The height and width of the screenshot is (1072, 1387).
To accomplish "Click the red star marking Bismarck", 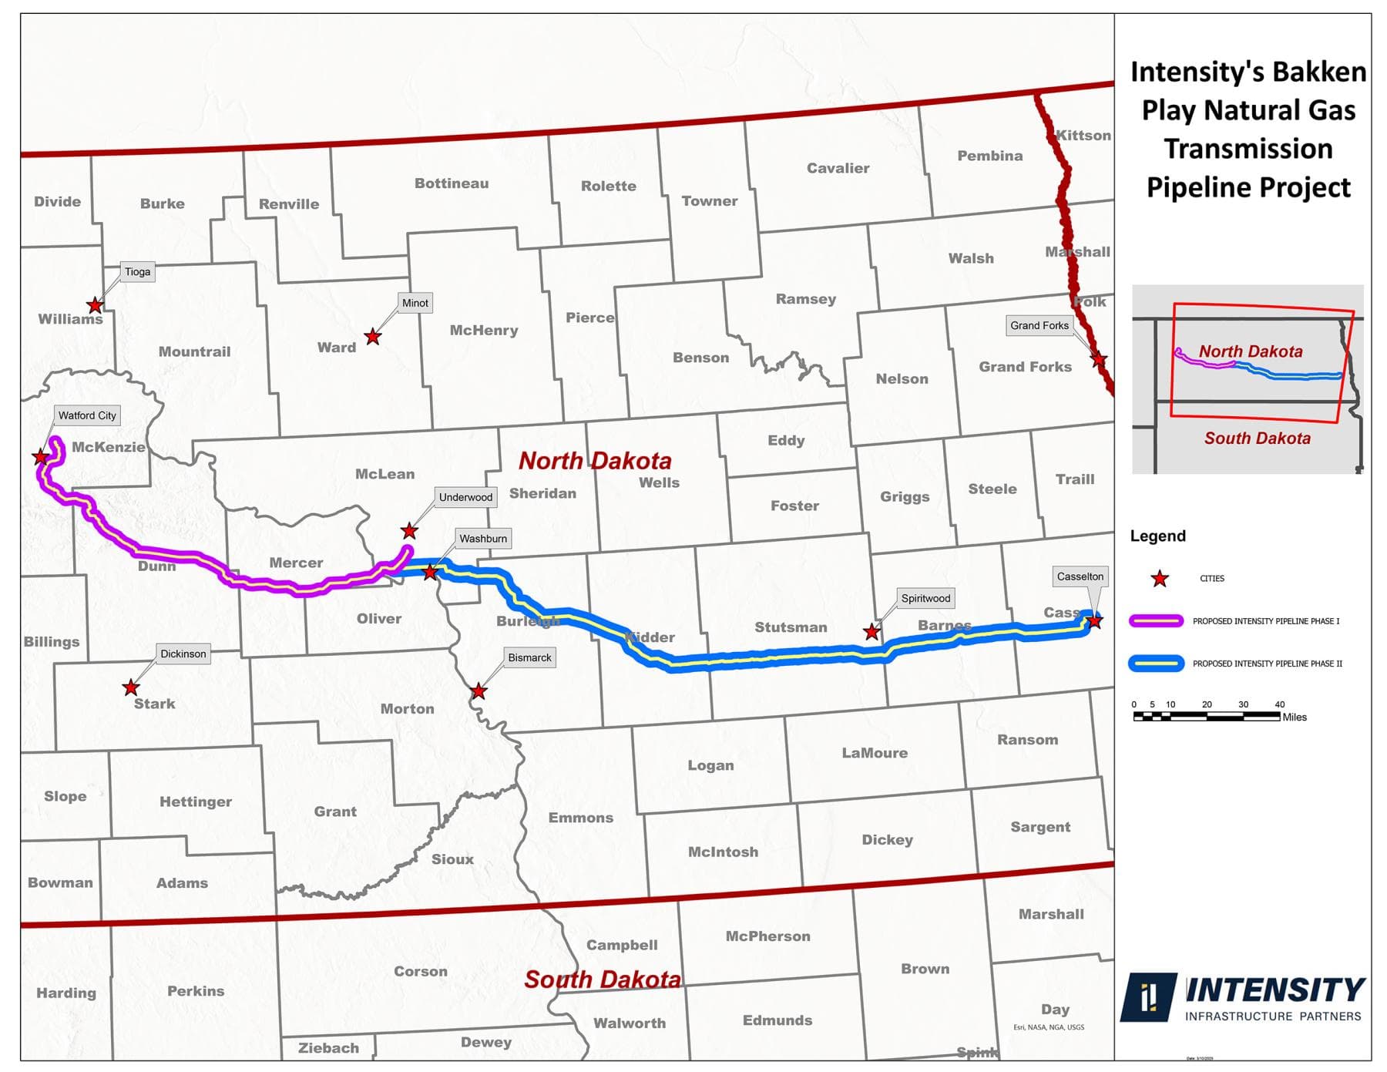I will coord(479,691).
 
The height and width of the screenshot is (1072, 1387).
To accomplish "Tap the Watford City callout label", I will coord(87,415).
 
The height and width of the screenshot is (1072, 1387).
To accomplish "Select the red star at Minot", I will coord(373,337).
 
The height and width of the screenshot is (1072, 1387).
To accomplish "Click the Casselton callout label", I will coord(1080,576).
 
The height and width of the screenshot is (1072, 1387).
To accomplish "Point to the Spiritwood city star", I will coord(871,632).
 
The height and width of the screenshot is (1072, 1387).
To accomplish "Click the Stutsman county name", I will coord(791,627).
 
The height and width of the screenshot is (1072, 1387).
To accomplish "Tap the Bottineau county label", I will coord(452,183).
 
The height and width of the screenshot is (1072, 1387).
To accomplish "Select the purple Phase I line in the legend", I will coord(1156,621).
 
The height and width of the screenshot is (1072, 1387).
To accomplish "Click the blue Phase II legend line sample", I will coord(1156,664).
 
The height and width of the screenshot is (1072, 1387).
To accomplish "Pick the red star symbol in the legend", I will coord(1159,579).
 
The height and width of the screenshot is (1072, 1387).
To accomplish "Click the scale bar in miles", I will coord(1207,716).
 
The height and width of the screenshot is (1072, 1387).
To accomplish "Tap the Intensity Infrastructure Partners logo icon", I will coord(1148,996).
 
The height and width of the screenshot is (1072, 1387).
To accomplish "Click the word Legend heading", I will coord(1157,536).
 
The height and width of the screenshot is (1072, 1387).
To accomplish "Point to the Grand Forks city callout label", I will coord(1039,325).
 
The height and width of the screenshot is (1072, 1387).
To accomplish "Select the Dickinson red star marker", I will coord(131,687).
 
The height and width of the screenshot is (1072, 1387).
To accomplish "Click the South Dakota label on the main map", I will coord(603,980).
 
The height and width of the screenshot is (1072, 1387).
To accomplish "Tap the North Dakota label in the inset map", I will coord(1250,351).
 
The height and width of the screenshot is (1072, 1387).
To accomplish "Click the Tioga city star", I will coord(95,306).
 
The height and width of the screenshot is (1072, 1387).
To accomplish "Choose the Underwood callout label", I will coord(465,497).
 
